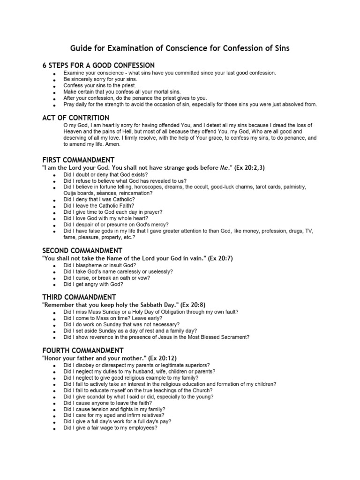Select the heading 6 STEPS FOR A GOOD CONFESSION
click(98, 65)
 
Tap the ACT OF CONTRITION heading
click(75, 118)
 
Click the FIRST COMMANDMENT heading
click(78, 160)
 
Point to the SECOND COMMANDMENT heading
click(82, 250)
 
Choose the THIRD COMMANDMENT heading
click(79, 297)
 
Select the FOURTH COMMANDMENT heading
click(83, 350)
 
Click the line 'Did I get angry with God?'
click(93, 284)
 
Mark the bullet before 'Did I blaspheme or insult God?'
click(55, 266)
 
